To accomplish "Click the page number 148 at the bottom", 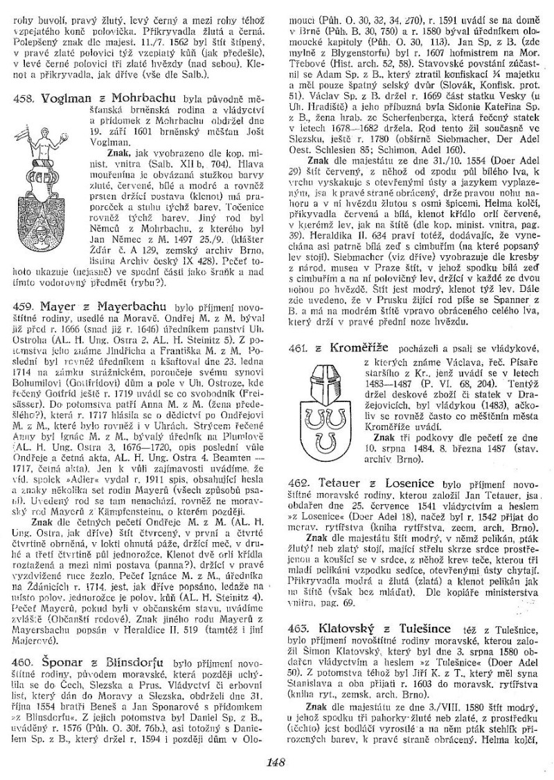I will (x=276, y=763).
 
